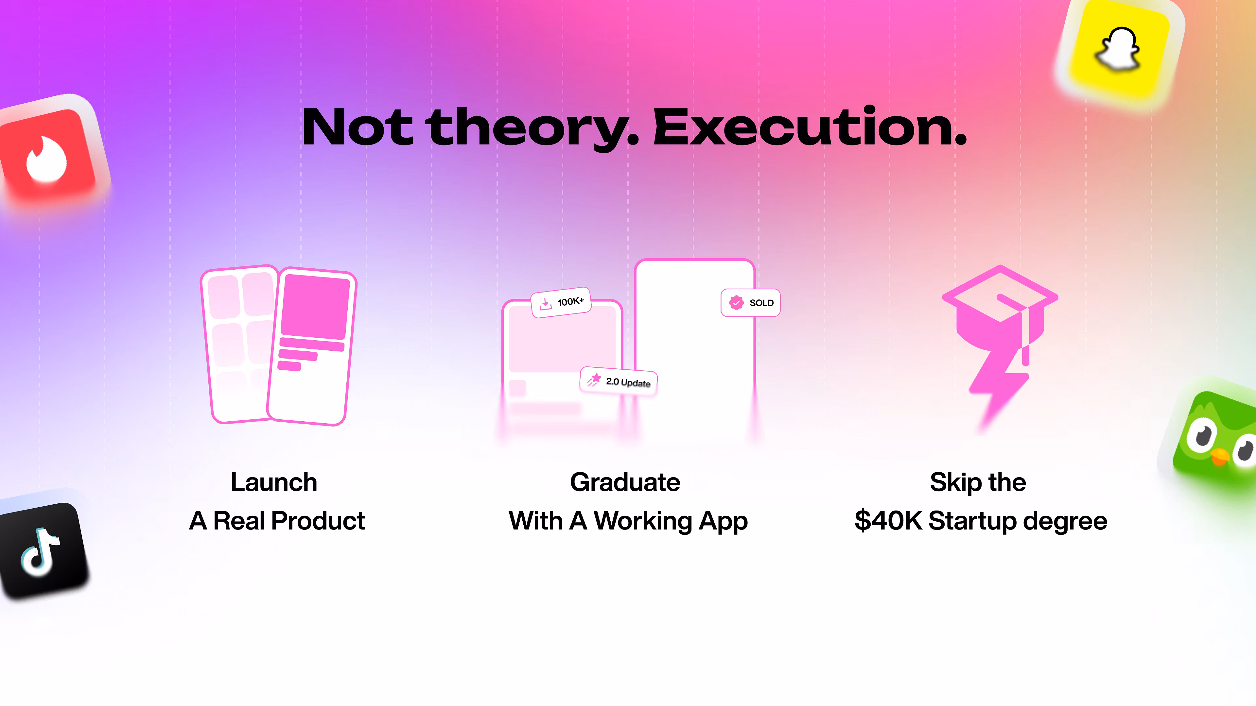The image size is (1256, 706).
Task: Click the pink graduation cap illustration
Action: (x=1000, y=312)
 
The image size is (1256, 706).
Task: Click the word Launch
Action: (x=274, y=482)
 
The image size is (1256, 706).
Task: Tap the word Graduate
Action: (x=625, y=482)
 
